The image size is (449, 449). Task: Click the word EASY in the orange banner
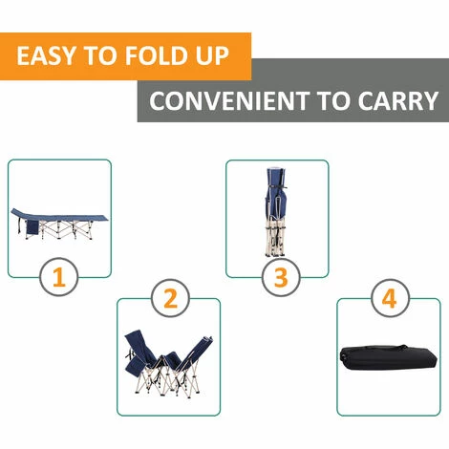(46, 56)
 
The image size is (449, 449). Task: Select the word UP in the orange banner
(213, 56)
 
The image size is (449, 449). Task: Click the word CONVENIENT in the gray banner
(229, 101)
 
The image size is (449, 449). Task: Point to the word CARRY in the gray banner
(398, 101)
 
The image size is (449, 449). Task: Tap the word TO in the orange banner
(99, 56)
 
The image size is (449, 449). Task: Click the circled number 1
(59, 277)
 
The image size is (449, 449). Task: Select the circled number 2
(170, 299)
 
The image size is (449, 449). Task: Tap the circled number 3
(281, 277)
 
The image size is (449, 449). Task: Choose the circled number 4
(390, 299)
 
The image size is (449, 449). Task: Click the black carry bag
(388, 357)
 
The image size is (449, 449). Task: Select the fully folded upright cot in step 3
(276, 212)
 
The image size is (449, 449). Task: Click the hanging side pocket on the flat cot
(32, 227)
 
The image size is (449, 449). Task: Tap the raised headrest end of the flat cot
(18, 212)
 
